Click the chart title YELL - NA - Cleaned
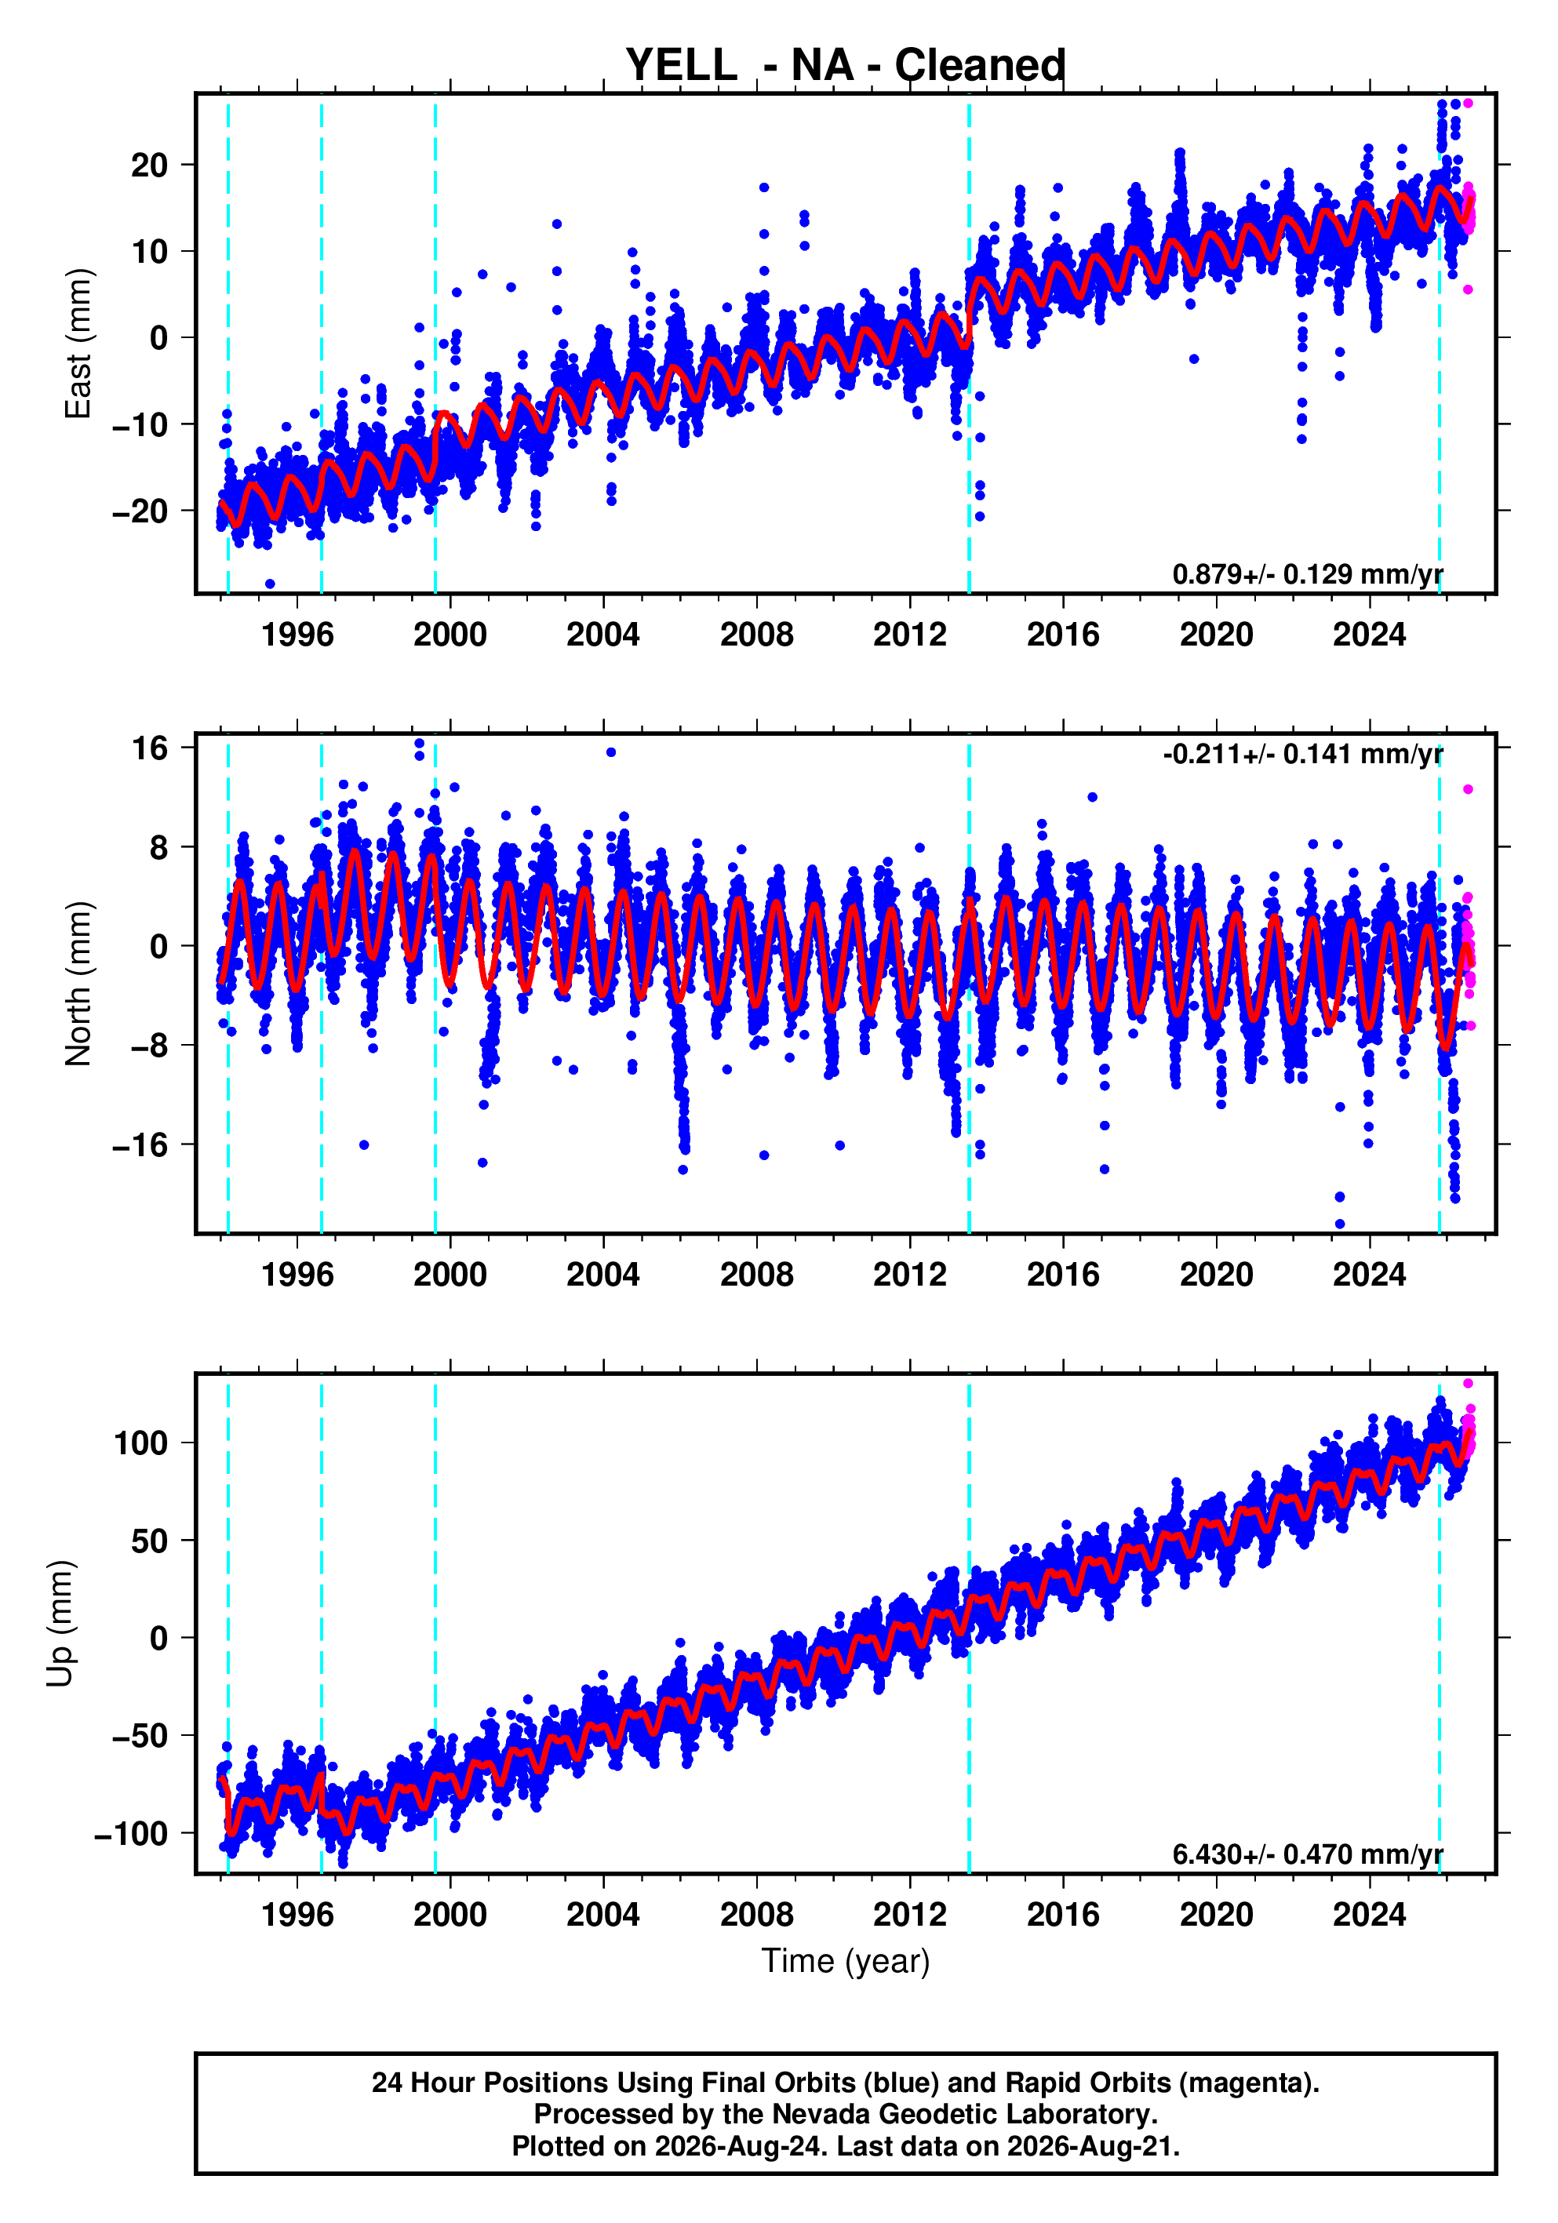tap(846, 65)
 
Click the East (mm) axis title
tap(78, 344)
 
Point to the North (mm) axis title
tap(78, 984)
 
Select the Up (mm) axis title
tap(60, 1624)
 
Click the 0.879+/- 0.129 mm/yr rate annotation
tap(1307, 574)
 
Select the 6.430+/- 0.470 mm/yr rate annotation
tap(1307, 1854)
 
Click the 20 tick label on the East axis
tap(149, 166)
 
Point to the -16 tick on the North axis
tap(140, 1145)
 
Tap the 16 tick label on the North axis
tap(150, 748)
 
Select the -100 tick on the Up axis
tap(131, 1834)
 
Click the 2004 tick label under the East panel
tap(602, 635)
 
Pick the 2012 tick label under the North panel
tap(909, 1275)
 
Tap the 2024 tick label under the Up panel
tap(1369, 1915)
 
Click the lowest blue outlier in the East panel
tap(269, 584)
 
